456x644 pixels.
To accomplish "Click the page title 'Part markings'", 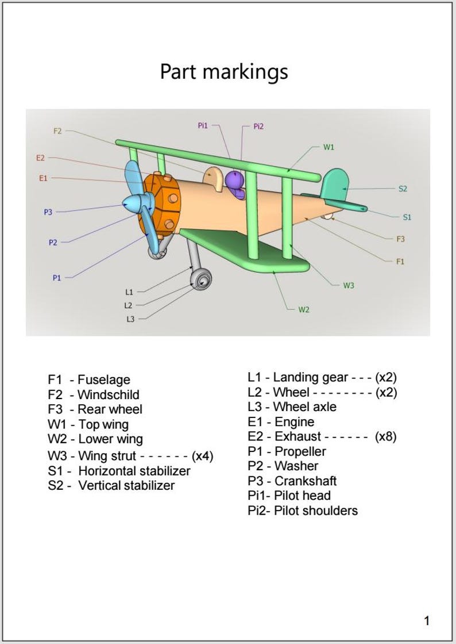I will click(224, 72).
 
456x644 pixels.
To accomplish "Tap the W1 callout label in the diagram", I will click(329, 147).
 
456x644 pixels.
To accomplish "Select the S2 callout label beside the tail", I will click(403, 189).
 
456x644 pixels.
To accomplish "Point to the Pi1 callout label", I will click(203, 125).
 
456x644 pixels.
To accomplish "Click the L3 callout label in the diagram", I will click(130, 319).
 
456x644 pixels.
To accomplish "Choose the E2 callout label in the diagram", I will click(40, 158).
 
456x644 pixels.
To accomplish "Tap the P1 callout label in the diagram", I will click(57, 278).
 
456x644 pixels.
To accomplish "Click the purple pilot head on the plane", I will click(234, 181).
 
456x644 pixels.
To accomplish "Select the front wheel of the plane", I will click(202, 281).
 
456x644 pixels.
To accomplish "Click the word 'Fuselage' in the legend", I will click(104, 379).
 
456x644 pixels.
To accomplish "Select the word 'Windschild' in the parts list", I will click(108, 394).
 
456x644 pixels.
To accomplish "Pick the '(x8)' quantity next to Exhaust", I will click(385, 436).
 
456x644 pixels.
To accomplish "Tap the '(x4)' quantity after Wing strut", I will click(203, 456).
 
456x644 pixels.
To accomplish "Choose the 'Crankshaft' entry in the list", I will click(306, 481).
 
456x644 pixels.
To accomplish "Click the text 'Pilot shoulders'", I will click(316, 511).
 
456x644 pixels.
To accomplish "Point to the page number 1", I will click(426, 620).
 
